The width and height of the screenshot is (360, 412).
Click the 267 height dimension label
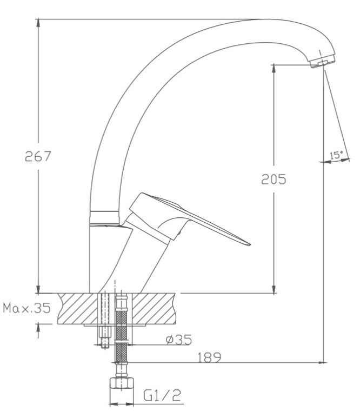tap(38, 156)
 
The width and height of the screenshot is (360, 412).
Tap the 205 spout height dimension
tap(274, 180)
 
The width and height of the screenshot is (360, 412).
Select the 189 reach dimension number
tap(209, 357)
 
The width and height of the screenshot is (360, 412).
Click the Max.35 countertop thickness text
tap(26, 308)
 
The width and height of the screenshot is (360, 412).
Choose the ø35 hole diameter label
tap(179, 340)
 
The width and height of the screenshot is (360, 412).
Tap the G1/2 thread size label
tap(162, 395)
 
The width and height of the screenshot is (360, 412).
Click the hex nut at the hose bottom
tap(122, 383)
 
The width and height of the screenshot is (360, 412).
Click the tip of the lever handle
tap(249, 244)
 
